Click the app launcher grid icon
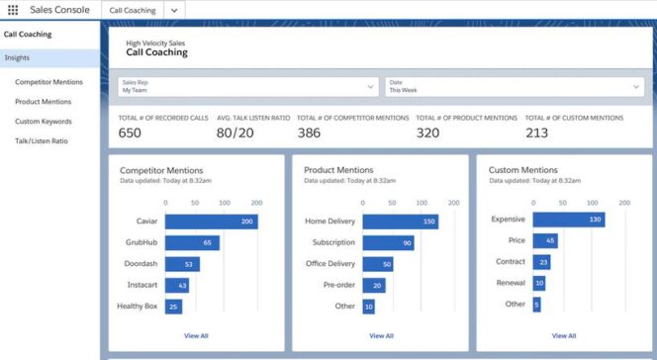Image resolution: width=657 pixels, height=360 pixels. click(13, 9)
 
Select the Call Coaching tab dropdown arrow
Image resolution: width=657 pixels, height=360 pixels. click(174, 9)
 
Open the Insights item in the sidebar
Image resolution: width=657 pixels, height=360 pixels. click(17, 57)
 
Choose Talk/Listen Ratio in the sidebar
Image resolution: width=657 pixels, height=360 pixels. click(42, 141)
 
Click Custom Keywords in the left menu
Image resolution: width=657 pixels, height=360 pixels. click(43, 122)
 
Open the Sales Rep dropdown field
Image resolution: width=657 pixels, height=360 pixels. click(247, 86)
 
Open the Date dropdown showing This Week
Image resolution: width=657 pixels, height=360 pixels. click(514, 86)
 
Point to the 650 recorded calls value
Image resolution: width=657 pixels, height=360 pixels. click(130, 133)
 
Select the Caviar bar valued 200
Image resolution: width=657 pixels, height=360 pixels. click(211, 222)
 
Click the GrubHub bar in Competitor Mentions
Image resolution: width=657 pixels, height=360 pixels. click(192, 242)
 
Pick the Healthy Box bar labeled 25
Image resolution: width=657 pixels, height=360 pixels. click(174, 307)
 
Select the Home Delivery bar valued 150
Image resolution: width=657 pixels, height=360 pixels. click(401, 222)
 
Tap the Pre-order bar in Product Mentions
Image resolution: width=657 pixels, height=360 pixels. click(374, 286)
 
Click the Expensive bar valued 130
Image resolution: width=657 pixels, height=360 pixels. click(569, 220)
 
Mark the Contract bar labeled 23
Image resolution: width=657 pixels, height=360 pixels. click(542, 262)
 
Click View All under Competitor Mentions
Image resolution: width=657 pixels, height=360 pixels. click(196, 336)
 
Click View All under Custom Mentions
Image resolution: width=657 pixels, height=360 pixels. click(564, 336)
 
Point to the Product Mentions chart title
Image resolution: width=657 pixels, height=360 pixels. click(339, 170)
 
